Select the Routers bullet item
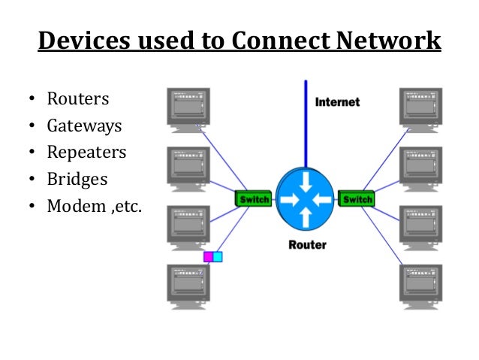pos(77,99)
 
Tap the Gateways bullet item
pos(84,126)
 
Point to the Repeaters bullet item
pos(86,153)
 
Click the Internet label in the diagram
pos(337,101)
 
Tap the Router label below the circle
pos(306,245)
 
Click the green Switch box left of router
pos(254,199)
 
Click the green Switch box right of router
pos(357,199)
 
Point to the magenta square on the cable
pos(209,256)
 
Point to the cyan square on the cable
pos(218,256)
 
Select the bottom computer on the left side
pos(188,285)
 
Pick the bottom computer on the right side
pos(423,285)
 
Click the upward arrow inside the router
pos(306,217)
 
